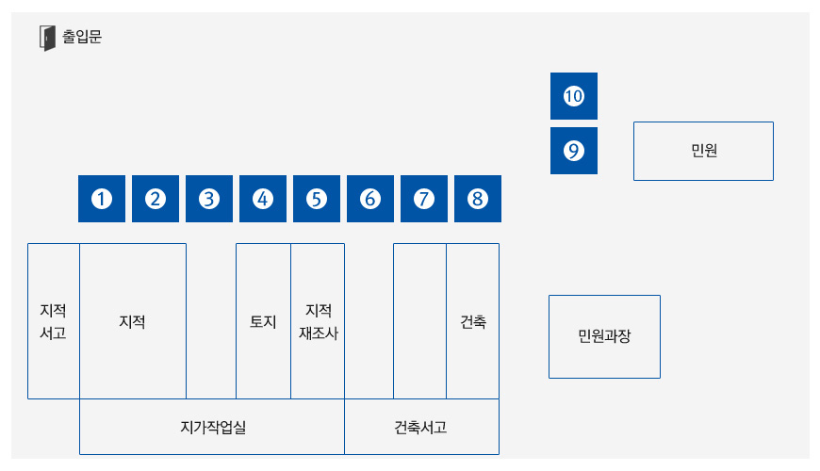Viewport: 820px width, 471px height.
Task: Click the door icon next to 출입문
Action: tap(47, 39)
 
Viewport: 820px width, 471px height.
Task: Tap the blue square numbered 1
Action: tap(102, 199)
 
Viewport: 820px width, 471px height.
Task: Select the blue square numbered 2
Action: tap(156, 199)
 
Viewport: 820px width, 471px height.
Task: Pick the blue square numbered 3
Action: tap(209, 199)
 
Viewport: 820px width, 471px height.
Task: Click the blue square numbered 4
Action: tap(263, 199)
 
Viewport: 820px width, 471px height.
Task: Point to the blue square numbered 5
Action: tap(317, 199)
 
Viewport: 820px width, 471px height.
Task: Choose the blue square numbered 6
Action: tap(370, 199)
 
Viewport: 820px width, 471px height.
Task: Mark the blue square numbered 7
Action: tap(424, 199)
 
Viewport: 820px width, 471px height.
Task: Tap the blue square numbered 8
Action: tap(478, 199)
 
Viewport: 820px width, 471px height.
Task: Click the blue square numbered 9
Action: tap(574, 151)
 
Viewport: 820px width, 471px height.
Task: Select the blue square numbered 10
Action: tap(574, 96)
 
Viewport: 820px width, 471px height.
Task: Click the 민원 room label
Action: tap(704, 151)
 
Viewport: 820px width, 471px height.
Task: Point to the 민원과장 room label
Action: tap(604, 336)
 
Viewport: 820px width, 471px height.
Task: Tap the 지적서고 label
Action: tap(54, 321)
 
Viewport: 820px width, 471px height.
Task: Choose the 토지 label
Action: tap(263, 321)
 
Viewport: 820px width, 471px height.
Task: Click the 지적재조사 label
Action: tap(319, 321)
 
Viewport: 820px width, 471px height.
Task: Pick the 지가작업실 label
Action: tap(213, 428)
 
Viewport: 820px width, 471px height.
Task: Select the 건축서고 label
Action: tap(420, 428)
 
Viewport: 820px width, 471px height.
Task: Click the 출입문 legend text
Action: tap(82, 37)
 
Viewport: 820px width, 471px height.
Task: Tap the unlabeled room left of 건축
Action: tap(420, 321)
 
